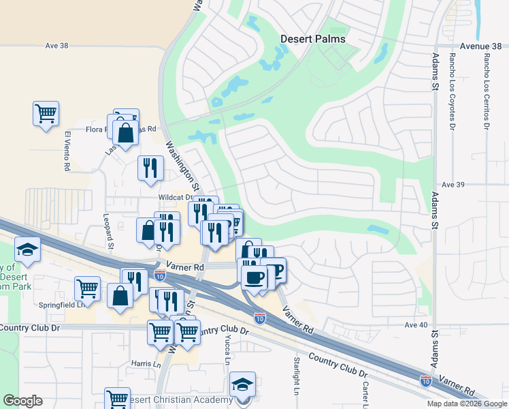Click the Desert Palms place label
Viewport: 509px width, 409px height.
pos(313,39)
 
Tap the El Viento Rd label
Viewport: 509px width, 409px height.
pos(67,151)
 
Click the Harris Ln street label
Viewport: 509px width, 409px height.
pos(146,364)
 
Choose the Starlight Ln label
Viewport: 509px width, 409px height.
pos(297,376)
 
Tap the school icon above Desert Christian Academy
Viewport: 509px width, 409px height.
pos(242,384)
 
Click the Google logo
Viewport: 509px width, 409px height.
pos(22,401)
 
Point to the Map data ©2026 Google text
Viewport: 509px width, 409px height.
pos(466,404)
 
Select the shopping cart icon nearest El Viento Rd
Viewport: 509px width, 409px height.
pos(46,113)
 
